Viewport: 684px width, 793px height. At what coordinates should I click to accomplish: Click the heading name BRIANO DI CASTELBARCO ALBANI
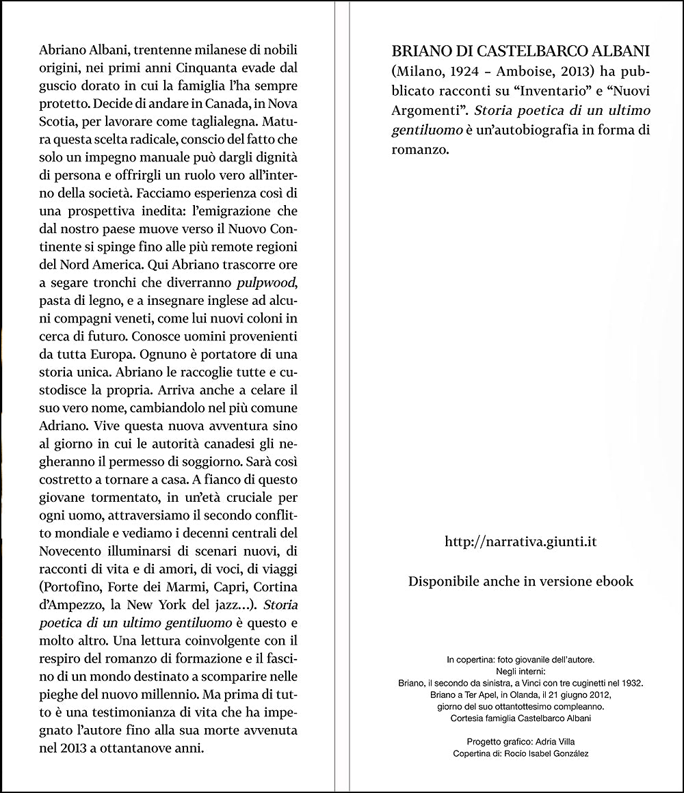[520, 53]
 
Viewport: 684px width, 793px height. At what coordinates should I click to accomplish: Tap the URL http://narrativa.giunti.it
[521, 541]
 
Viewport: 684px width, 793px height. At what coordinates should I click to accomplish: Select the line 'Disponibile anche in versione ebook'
[521, 582]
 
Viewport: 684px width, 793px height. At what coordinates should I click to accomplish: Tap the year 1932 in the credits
[632, 683]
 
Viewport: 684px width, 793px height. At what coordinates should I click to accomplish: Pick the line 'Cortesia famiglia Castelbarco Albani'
[521, 718]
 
